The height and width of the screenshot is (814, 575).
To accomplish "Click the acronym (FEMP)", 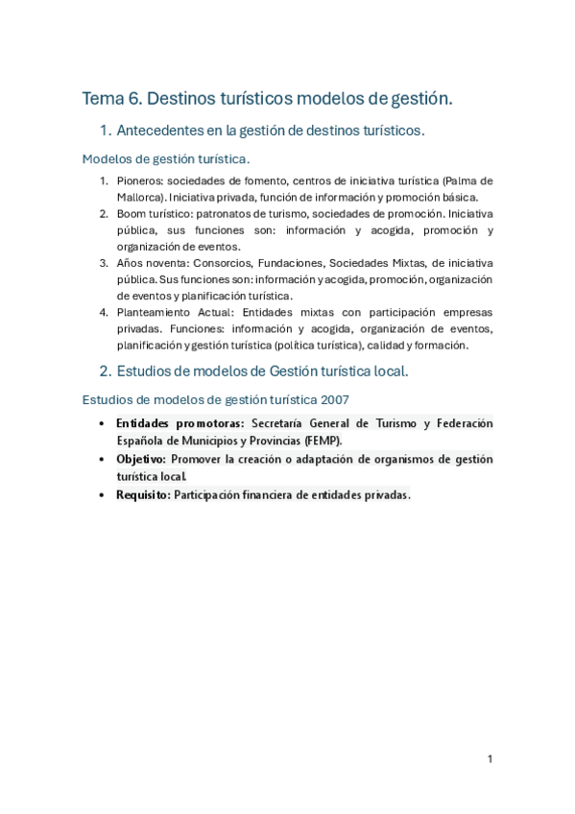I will tap(322, 441).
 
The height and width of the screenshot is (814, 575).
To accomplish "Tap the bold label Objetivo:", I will tap(141, 459).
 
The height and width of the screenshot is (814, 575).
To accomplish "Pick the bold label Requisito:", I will tap(144, 495).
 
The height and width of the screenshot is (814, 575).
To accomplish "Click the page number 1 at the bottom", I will tap(490, 759).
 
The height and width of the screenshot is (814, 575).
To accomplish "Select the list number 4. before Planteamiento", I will tap(103, 313).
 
